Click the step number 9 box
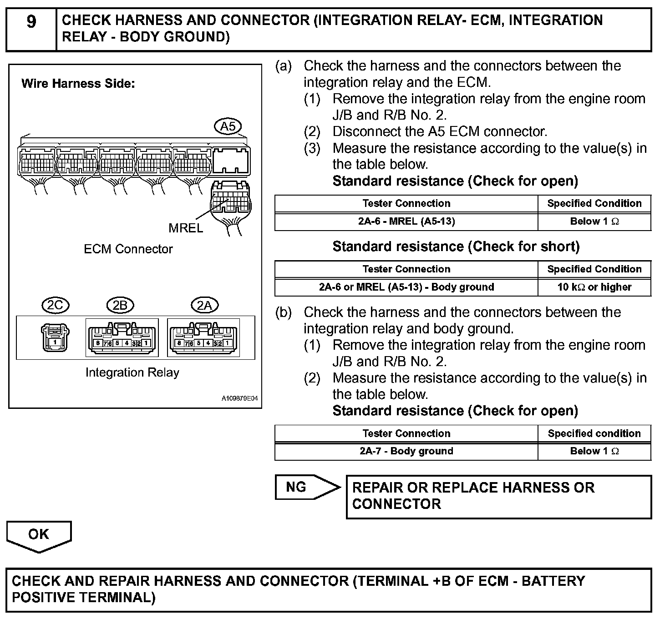tap(31, 29)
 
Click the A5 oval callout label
tap(228, 127)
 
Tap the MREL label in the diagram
tap(186, 228)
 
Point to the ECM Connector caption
tap(128, 249)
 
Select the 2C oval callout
tap(55, 305)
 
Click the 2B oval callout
tap(120, 305)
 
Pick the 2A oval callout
tap(204, 305)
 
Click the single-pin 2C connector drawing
tap(55, 337)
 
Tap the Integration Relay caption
tap(132, 372)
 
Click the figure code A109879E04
tap(239, 398)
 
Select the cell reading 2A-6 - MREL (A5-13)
tap(406, 221)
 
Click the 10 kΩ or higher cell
tap(594, 287)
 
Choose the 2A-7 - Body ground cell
tap(406, 451)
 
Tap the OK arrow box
tap(39, 534)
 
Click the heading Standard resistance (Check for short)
tap(456, 247)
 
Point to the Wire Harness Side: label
tap(78, 84)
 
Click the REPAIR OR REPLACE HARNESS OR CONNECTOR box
tap(499, 496)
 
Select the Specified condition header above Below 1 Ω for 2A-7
tap(594, 433)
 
